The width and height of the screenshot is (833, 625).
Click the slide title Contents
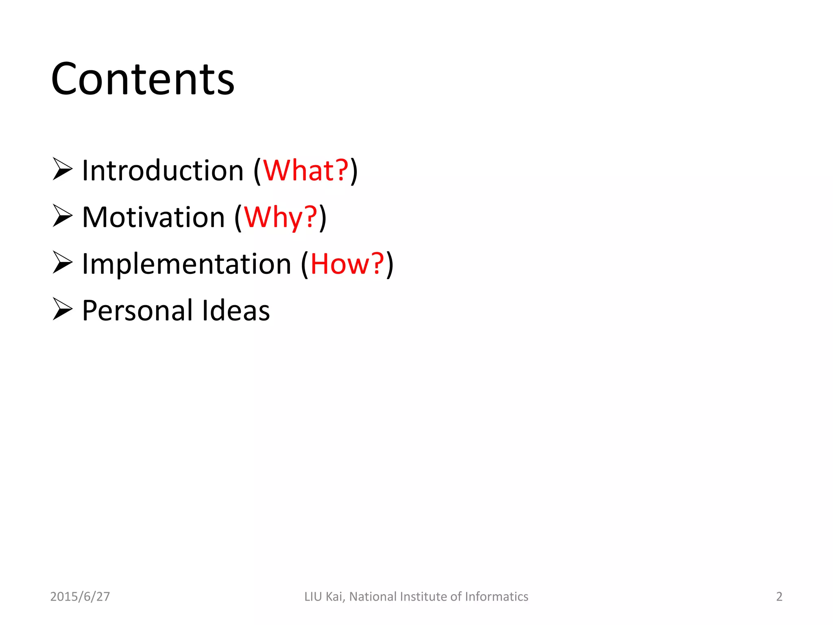[143, 79]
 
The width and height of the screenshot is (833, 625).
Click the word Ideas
[236, 310]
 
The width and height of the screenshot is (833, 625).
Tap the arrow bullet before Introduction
[62, 169]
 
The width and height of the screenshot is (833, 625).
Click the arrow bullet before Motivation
[62, 216]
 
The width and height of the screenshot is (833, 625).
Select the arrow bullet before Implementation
[62, 262]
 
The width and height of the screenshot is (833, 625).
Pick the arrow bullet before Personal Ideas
[62, 309]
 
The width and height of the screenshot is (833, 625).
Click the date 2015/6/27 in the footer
[80, 597]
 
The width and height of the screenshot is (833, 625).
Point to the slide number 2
[779, 597]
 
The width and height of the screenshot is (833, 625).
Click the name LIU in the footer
[313, 597]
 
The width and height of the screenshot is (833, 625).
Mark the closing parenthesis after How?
[390, 264]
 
